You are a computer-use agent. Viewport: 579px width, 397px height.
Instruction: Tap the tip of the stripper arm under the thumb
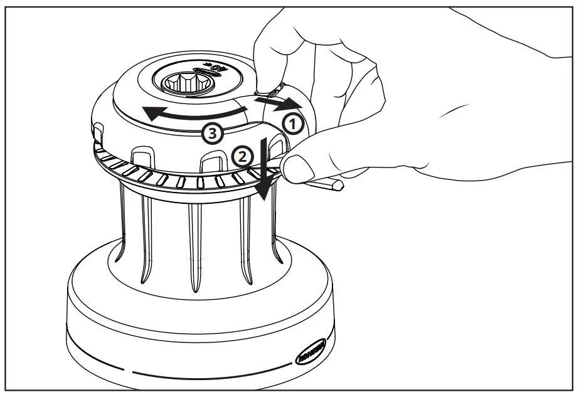(x=339, y=186)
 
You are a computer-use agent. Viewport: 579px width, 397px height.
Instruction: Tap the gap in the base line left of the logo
(x=129, y=371)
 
